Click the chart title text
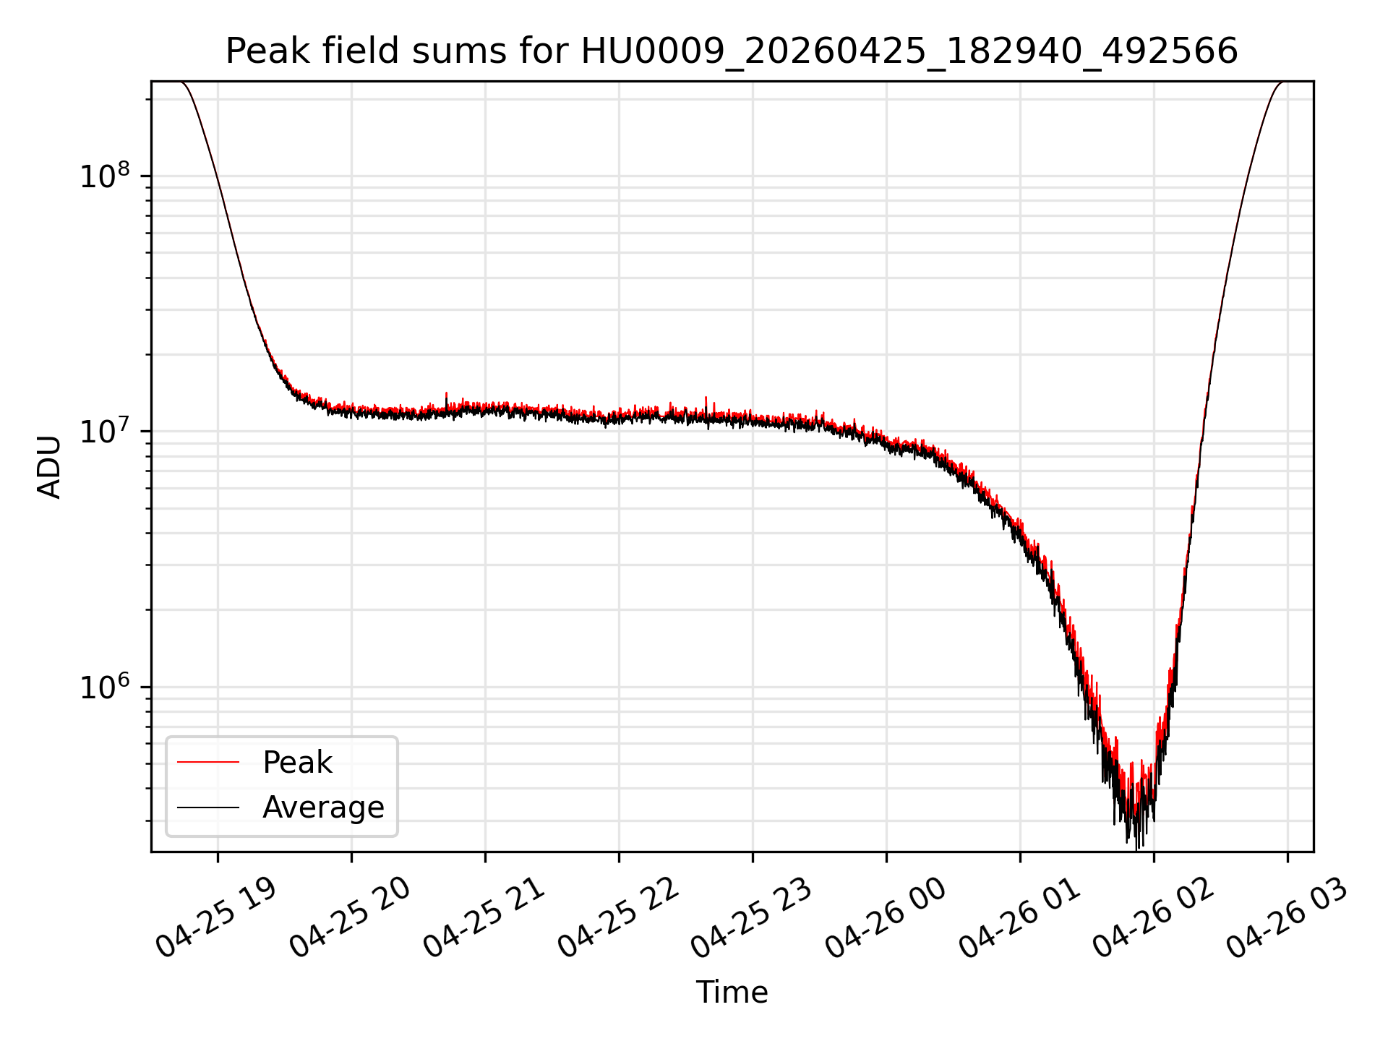pos(732,51)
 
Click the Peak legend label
pos(297,763)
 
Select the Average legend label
pos(323,807)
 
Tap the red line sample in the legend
pos(208,762)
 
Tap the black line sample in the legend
pos(208,807)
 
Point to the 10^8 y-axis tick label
pos(105,176)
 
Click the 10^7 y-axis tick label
pos(105,431)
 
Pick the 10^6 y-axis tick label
pos(105,687)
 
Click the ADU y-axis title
pos(49,467)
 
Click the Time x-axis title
pos(732,993)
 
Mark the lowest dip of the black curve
pos(1137,849)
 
